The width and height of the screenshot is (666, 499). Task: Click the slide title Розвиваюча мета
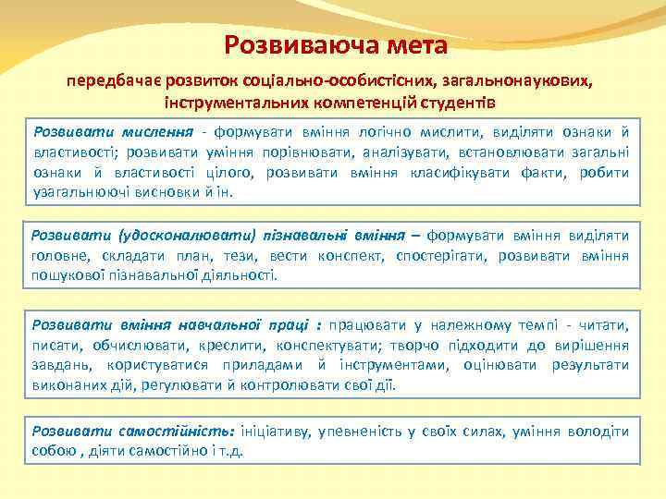pyautogui.click(x=336, y=44)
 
